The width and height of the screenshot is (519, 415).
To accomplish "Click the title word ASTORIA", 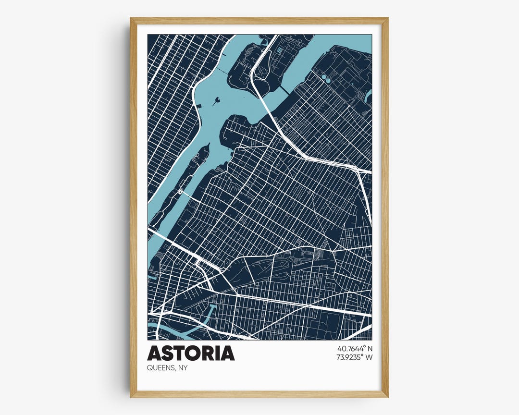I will [191, 353].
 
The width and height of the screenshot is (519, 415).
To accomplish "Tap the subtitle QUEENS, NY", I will [167, 368].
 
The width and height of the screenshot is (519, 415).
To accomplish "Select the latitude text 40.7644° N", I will [355, 348].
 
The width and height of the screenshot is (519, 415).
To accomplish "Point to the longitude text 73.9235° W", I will [355, 357].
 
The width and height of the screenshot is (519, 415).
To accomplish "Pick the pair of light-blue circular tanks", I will [326, 77].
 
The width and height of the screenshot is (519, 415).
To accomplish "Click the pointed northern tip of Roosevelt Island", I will [208, 145].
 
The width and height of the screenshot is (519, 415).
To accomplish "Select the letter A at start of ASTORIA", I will [154, 353].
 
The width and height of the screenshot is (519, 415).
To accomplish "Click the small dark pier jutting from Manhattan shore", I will [198, 106].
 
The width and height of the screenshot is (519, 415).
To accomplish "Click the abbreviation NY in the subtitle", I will [183, 368].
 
